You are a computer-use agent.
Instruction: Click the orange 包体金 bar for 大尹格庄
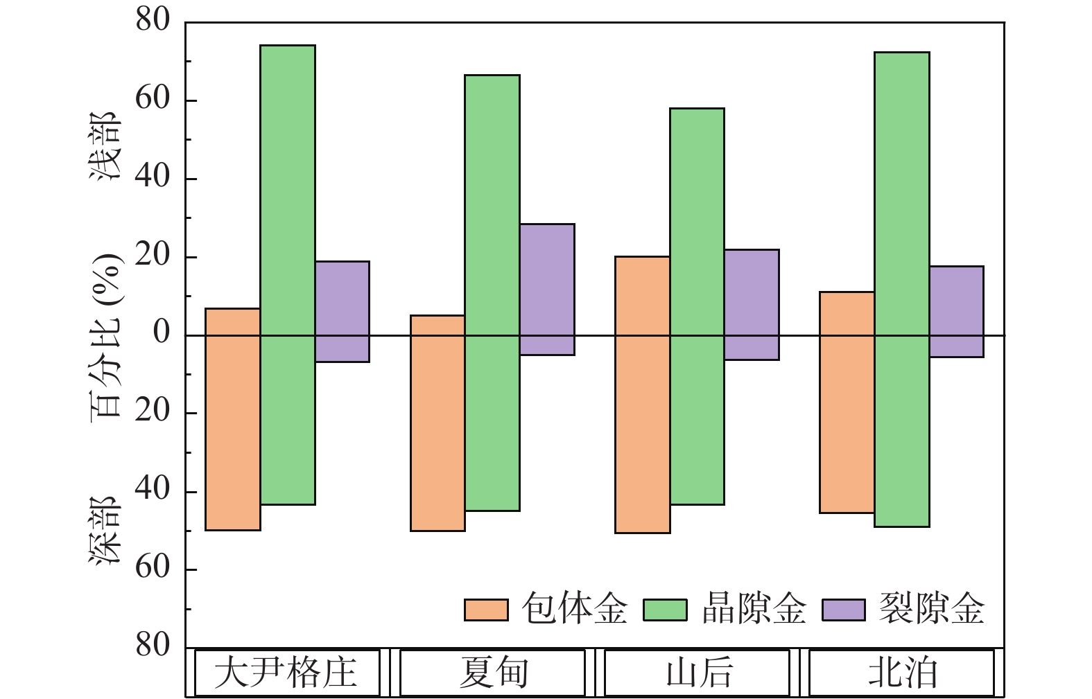[x=233, y=419]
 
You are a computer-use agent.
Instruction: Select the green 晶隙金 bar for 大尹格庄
[x=288, y=274]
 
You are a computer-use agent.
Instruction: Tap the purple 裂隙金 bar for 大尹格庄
[x=342, y=311]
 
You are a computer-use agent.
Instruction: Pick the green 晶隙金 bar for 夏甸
[x=492, y=292]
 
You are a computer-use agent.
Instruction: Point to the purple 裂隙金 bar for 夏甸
[x=547, y=289]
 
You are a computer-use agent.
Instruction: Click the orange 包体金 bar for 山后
[x=643, y=394]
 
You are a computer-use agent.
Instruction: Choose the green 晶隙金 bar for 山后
[x=697, y=306]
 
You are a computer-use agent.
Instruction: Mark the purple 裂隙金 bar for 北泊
[x=956, y=311]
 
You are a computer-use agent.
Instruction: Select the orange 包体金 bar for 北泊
[x=847, y=402]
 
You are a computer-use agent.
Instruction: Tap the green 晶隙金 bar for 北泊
[x=902, y=289]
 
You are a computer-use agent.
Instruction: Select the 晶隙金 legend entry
[x=725, y=610]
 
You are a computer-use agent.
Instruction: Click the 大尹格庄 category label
[x=286, y=673]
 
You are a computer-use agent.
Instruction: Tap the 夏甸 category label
[x=492, y=673]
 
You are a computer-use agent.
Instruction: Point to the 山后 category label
[x=697, y=673]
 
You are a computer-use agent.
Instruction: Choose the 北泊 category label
[x=902, y=673]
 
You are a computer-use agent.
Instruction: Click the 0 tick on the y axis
[x=162, y=334]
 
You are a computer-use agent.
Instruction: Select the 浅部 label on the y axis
[x=106, y=148]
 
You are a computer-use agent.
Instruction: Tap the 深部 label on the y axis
[x=106, y=531]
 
